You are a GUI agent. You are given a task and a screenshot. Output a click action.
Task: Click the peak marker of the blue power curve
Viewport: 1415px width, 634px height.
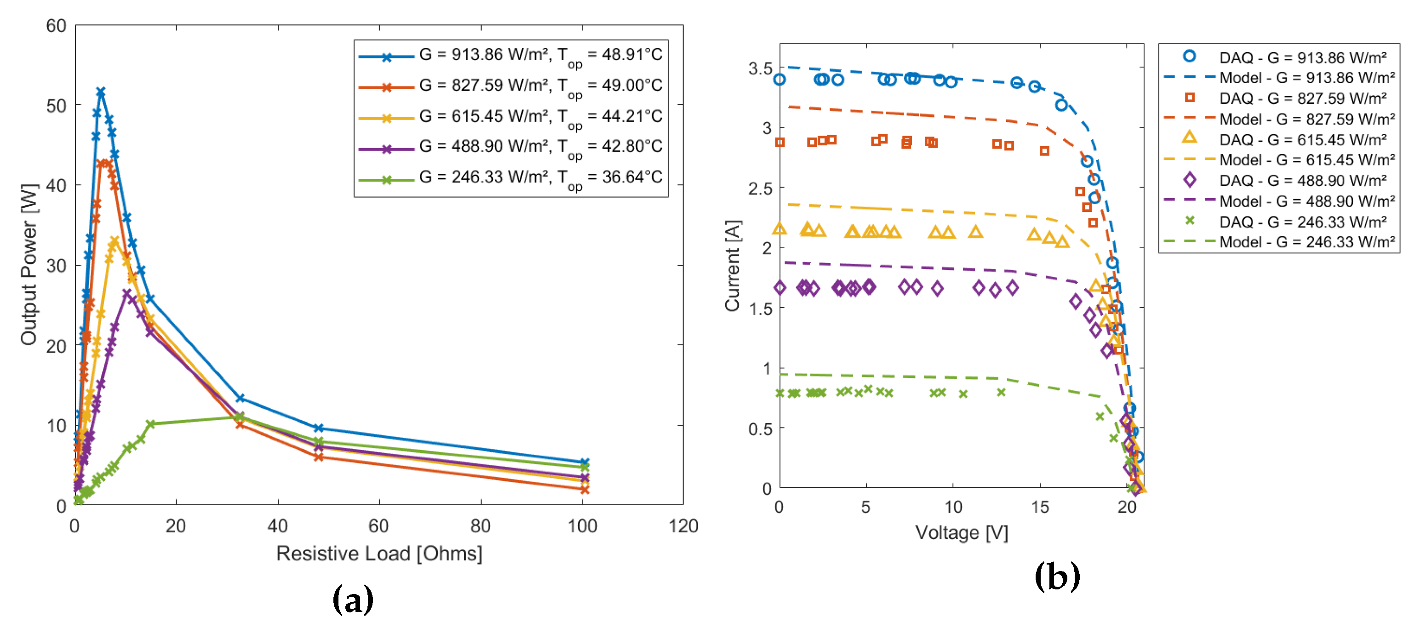coord(101,92)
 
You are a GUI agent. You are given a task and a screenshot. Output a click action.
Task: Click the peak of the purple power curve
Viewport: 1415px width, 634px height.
coord(127,294)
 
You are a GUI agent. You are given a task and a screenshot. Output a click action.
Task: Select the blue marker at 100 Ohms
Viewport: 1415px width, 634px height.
coord(584,463)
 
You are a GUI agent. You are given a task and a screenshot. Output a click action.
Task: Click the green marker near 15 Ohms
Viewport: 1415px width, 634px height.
coord(151,423)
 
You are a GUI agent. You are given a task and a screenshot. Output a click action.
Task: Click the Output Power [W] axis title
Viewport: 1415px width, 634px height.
coord(29,264)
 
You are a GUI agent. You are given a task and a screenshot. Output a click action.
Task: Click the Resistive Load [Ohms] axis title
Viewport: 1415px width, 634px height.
coord(379,553)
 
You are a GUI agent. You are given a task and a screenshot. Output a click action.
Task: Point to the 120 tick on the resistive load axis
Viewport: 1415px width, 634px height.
coord(683,526)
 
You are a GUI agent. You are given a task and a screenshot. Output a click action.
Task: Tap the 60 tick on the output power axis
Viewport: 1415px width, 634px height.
coord(56,26)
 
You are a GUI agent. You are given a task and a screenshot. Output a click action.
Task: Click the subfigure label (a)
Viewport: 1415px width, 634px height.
coord(353,600)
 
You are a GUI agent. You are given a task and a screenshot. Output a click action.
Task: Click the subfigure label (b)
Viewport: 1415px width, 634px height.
coord(1057,577)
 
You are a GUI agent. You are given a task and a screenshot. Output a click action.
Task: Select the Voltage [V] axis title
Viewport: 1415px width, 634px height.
coord(961,532)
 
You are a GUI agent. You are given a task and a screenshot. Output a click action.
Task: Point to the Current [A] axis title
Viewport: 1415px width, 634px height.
coord(733,265)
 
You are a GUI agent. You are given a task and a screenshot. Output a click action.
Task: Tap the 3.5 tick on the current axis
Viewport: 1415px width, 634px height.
coord(760,69)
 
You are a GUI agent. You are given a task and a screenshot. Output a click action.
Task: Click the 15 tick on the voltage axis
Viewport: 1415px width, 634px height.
coord(1039,507)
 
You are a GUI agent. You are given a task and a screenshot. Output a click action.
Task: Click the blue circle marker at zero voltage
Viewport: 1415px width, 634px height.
coord(779,80)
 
